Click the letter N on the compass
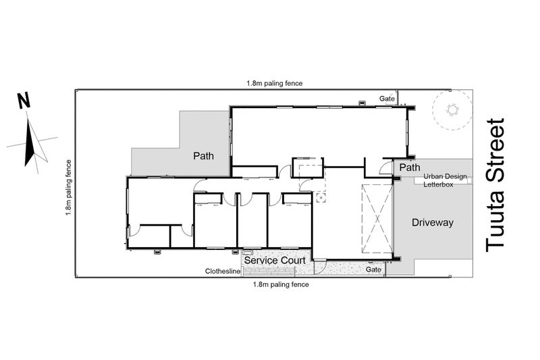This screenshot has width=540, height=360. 24,101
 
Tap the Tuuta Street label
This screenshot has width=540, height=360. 495,185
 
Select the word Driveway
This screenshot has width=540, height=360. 433,222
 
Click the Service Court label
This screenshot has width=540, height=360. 275,260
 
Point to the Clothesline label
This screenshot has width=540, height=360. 223,271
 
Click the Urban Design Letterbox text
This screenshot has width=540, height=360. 445,180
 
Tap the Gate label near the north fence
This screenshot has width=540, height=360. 387,99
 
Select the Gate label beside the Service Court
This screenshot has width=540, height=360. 373,269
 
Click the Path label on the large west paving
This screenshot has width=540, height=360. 203,156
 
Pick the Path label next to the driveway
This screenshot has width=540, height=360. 410,168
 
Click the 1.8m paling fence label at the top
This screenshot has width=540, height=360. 275,83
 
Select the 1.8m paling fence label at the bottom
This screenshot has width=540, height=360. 281,284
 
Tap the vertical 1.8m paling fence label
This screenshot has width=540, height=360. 69,188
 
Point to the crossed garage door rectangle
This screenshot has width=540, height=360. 377,219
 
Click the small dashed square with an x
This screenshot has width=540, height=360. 321,198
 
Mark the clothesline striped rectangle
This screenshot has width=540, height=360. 269,272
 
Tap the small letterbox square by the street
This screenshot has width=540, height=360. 469,180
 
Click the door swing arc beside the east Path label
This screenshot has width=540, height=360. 383,167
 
